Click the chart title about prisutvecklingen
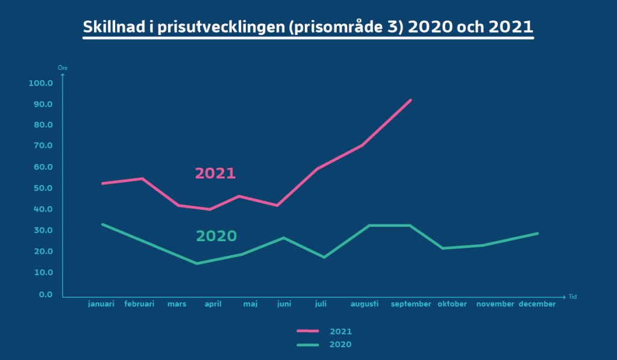(x=308, y=27)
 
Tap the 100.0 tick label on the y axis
(x=40, y=83)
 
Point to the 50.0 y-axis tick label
(x=43, y=188)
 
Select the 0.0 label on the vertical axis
(x=46, y=294)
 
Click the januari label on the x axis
(x=101, y=304)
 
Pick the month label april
(x=213, y=304)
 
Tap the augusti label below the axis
(x=365, y=304)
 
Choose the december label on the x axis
(x=537, y=304)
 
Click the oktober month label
(x=452, y=304)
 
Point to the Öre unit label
(x=63, y=68)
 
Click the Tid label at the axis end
(x=572, y=297)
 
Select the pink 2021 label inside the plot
(x=215, y=173)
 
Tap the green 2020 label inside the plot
(x=216, y=236)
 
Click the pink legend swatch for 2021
(x=308, y=331)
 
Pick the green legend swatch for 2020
(x=308, y=345)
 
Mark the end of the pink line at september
(x=410, y=100)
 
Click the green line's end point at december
(x=537, y=233)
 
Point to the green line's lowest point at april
(x=197, y=264)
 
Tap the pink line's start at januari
(x=102, y=183)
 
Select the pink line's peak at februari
(x=142, y=179)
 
